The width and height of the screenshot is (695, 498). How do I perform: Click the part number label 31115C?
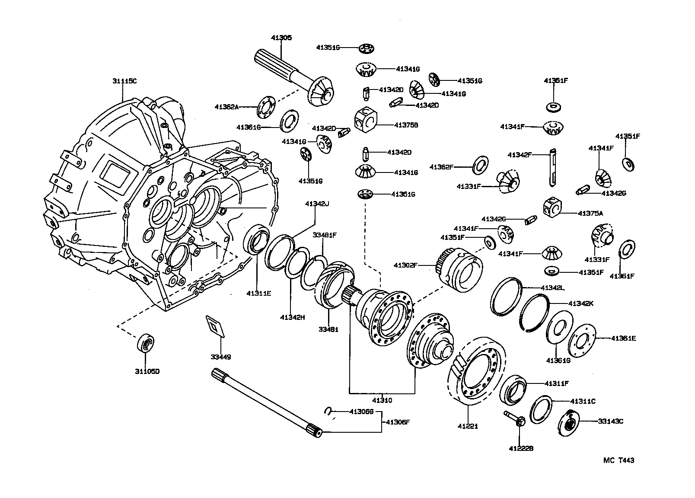(x=124, y=81)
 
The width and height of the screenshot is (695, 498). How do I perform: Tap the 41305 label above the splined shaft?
(x=281, y=38)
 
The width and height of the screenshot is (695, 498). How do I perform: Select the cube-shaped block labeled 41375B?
(x=366, y=119)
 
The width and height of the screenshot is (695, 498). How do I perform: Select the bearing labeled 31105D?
(x=146, y=344)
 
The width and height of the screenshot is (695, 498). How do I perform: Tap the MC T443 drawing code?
(x=618, y=460)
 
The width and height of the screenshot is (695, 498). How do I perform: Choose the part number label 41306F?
(x=397, y=422)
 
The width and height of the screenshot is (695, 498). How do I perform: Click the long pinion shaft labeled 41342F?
(x=553, y=168)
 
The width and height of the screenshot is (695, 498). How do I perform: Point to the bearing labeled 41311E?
(x=257, y=240)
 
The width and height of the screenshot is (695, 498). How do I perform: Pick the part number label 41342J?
(x=317, y=204)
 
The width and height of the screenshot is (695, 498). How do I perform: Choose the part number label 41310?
(x=381, y=400)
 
